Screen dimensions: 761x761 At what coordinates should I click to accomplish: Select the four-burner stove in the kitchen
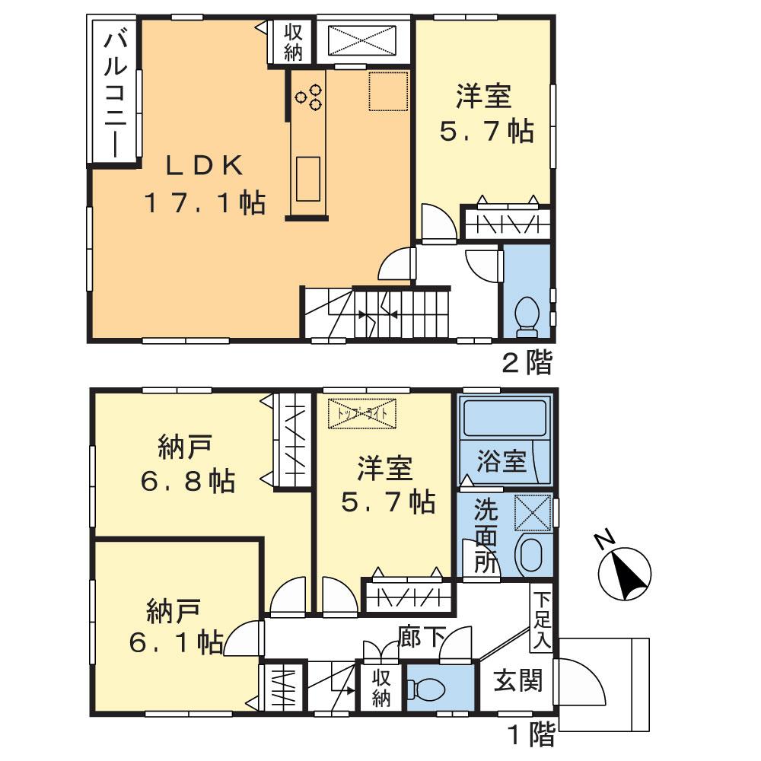tap(309, 97)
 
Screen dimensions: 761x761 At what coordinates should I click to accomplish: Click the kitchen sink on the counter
tap(308, 178)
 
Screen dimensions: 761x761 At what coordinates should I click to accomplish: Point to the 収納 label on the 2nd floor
tap(294, 42)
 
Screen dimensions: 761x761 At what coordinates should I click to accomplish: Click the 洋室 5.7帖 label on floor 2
tap(484, 114)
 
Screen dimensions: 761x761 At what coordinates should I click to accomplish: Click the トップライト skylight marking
tap(362, 413)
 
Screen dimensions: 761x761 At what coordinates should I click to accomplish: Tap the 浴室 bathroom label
tap(502, 461)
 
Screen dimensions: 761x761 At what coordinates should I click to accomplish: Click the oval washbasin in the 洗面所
tap(530, 555)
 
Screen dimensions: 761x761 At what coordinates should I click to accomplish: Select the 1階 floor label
tap(530, 735)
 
